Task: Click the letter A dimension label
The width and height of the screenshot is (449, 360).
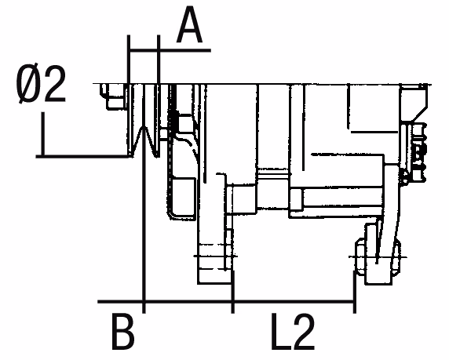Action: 189,25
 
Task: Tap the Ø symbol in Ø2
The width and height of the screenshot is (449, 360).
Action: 28,84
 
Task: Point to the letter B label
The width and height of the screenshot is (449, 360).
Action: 122,332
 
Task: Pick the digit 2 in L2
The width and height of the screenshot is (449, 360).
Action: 303,332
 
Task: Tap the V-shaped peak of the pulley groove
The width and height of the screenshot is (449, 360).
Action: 144,127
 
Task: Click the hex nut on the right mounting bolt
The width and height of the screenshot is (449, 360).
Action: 360,255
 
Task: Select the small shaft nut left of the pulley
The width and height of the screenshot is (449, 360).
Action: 115,96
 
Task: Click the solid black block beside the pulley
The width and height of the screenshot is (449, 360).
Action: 175,120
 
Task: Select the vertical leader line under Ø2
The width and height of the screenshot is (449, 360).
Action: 43,134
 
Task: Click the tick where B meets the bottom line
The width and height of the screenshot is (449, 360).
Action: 144,301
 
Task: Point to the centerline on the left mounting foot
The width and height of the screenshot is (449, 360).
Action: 215,256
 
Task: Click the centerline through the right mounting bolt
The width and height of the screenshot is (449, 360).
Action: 378,257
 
